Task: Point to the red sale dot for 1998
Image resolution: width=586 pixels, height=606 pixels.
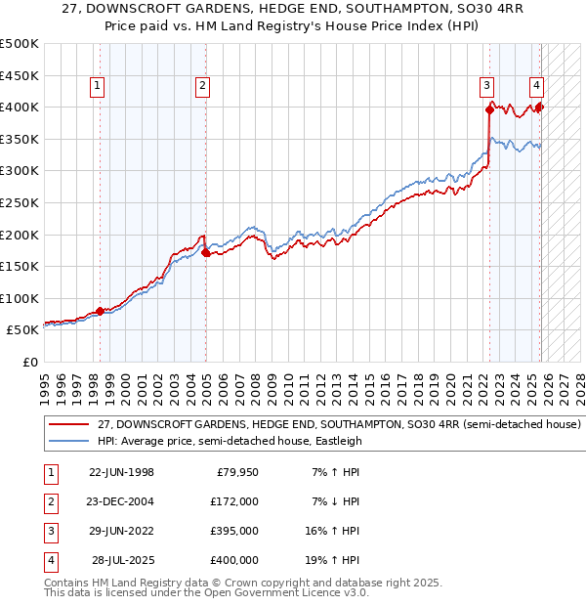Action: click(100, 311)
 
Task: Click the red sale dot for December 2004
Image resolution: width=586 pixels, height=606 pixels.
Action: click(205, 252)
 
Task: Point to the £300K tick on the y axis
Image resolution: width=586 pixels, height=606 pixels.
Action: click(21, 171)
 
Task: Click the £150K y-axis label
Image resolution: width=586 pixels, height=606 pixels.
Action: click(21, 266)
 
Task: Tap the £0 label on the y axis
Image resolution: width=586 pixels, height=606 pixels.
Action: click(29, 362)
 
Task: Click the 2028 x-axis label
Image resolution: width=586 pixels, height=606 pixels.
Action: click(577, 383)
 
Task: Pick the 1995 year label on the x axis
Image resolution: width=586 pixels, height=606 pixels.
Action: click(45, 383)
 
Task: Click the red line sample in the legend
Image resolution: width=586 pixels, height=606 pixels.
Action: click(68, 425)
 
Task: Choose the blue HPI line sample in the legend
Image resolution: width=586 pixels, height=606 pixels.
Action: click(68, 441)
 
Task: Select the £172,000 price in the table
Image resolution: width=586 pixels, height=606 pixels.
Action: click(235, 501)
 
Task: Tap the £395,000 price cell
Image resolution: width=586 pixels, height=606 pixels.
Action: click(235, 531)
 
